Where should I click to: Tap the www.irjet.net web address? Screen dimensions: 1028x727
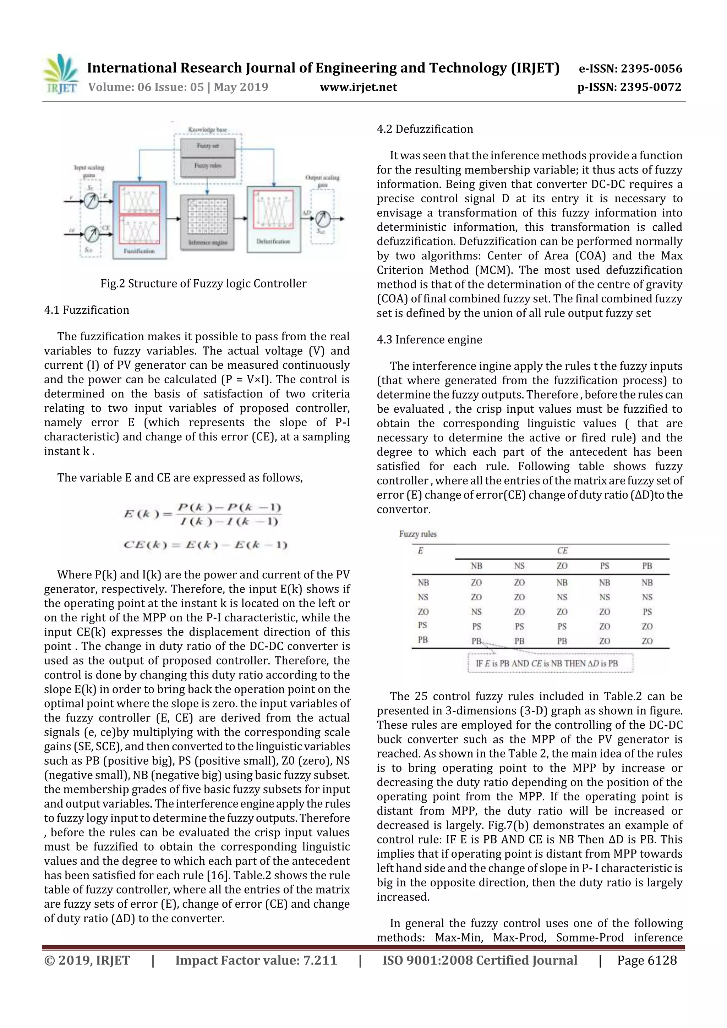[358, 87]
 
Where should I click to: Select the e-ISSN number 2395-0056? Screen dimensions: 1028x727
[630, 68]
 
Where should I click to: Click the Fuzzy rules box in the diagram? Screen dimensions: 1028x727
[207, 166]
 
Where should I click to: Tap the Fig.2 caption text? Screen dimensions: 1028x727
[203, 284]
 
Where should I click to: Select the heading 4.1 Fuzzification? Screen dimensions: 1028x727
[87, 310]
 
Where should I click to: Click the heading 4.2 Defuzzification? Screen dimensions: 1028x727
[425, 130]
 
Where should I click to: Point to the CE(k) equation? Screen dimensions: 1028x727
[205, 545]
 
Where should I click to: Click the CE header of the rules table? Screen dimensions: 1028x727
[562, 551]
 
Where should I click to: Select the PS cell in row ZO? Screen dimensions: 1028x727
[647, 612]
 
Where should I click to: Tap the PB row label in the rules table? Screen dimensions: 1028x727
[423, 640]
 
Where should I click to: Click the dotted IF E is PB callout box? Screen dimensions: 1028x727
[550, 663]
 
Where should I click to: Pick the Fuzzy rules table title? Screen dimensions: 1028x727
[417, 534]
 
